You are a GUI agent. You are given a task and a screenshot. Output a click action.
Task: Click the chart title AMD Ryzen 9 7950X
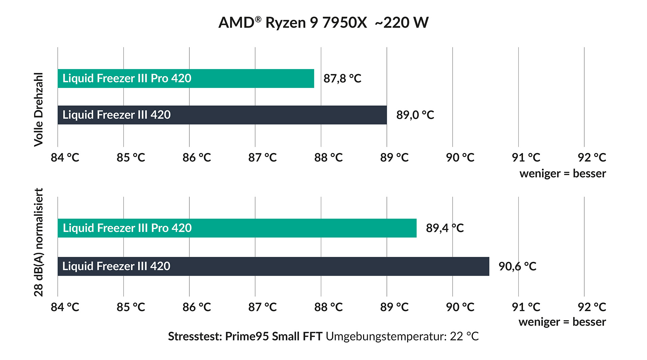point(292,23)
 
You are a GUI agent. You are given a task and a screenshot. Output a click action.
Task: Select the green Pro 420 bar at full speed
point(186,79)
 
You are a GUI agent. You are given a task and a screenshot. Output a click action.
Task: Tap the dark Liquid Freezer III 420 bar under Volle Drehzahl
point(222,115)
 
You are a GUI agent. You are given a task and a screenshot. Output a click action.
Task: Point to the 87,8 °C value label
point(342,79)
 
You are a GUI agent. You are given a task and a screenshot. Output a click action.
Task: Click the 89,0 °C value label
point(415,115)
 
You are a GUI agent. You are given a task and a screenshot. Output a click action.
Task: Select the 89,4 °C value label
point(444,228)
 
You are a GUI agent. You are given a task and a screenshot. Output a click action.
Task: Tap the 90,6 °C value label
point(517,266)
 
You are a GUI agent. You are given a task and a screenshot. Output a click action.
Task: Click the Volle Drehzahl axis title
point(39,110)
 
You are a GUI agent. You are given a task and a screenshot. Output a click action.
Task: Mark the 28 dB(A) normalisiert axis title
point(39,242)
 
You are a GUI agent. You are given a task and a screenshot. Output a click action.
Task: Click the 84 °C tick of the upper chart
point(65,157)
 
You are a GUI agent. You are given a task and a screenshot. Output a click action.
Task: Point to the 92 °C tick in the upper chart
point(592,157)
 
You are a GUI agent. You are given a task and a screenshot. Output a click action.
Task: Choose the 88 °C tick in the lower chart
point(328,307)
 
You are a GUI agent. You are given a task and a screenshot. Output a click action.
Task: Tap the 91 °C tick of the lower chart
point(526,307)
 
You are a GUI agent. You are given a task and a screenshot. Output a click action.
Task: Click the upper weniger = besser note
point(562,174)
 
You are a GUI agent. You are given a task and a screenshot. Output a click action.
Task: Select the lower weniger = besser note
point(562,322)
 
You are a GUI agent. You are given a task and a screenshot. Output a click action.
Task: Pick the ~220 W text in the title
point(401,23)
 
